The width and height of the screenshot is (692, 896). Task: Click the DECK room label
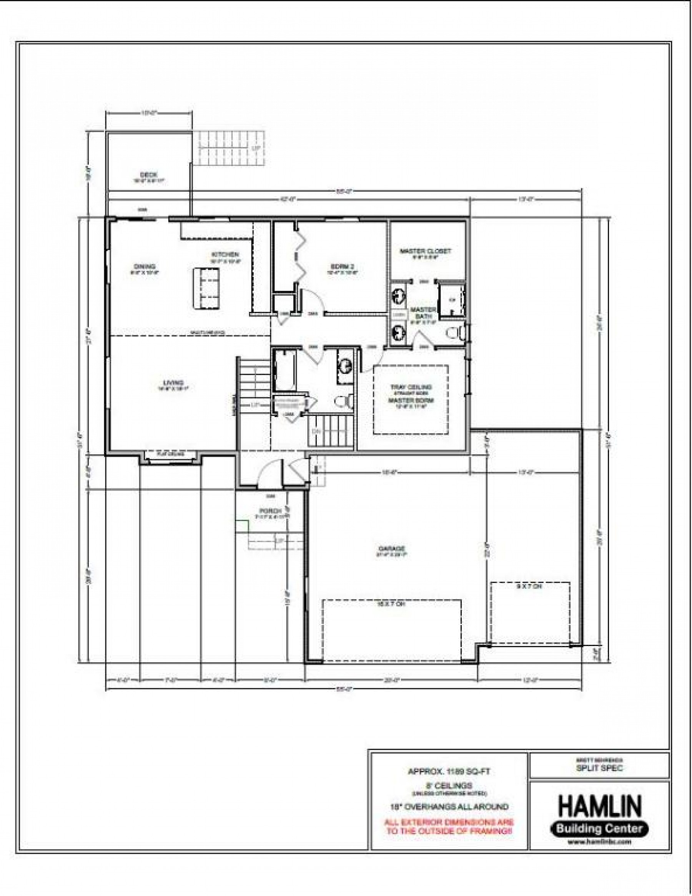pyautogui.click(x=146, y=175)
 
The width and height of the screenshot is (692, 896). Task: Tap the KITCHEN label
pyautogui.click(x=225, y=255)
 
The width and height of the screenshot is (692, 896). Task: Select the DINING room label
pyautogui.click(x=145, y=266)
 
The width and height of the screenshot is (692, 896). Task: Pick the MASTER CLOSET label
pyautogui.click(x=426, y=251)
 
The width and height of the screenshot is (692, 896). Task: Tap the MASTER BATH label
pyautogui.click(x=423, y=313)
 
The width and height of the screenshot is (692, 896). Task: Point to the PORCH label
pyautogui.click(x=270, y=511)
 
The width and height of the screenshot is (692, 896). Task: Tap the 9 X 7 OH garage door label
pyautogui.click(x=529, y=587)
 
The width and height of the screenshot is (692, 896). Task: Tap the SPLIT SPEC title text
pyautogui.click(x=600, y=768)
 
